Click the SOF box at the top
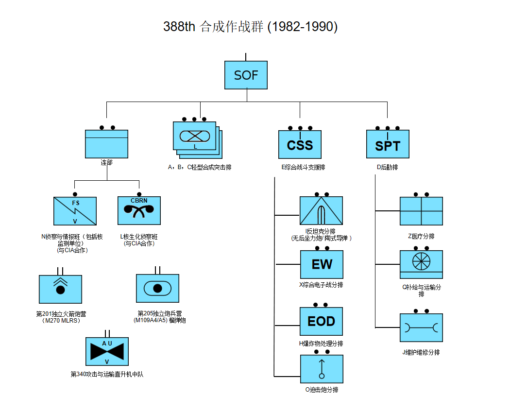[x=246, y=75]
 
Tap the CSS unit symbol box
[x=300, y=144]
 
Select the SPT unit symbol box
[x=387, y=144]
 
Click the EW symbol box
[x=322, y=264]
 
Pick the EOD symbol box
[x=321, y=321]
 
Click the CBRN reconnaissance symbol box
[x=139, y=210]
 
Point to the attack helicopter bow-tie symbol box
[x=107, y=351]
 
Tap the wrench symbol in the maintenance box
[x=421, y=327]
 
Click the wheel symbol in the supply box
[x=421, y=261]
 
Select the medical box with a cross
[x=421, y=211]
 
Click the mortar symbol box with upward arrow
[x=322, y=369]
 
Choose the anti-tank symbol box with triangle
[x=321, y=210]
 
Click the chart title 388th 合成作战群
[x=250, y=26]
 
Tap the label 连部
[x=106, y=163]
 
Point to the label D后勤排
[x=387, y=167]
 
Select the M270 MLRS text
[x=61, y=321]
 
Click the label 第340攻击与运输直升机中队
[x=107, y=374]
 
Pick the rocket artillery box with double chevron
[x=60, y=289]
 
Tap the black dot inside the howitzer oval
[x=157, y=288]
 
